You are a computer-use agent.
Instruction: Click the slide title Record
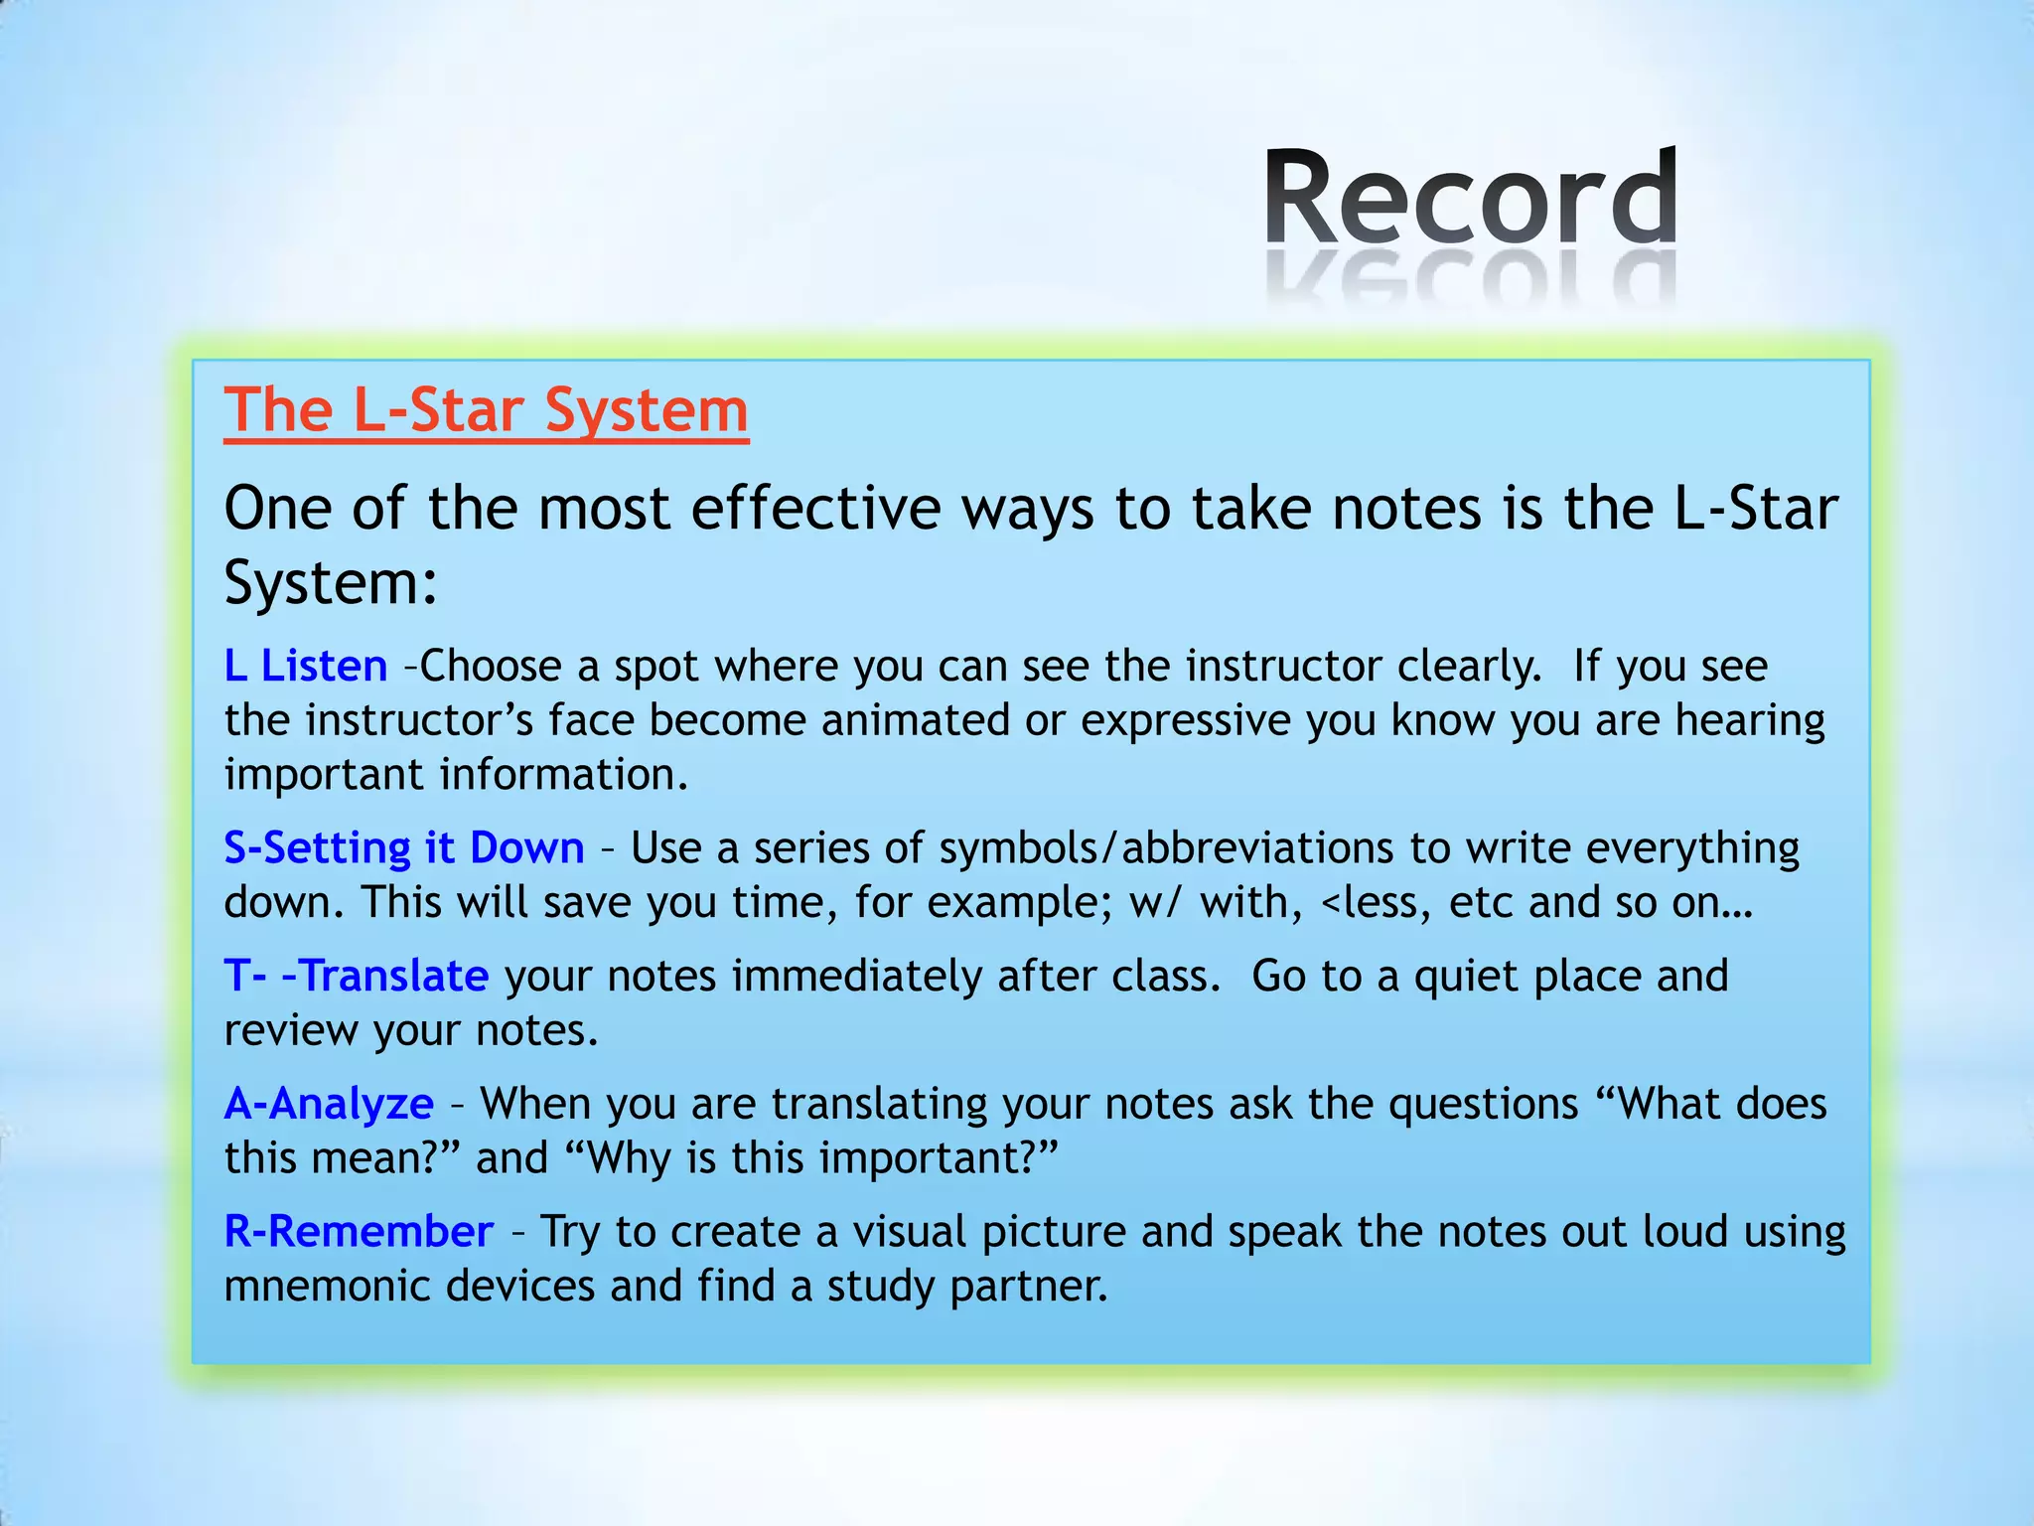click(1471, 199)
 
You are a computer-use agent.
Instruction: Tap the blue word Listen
click(324, 666)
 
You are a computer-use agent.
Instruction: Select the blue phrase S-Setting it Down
click(403, 847)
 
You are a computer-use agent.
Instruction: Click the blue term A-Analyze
click(329, 1104)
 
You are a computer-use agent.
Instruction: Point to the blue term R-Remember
click(359, 1232)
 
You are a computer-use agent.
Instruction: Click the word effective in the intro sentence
click(814, 509)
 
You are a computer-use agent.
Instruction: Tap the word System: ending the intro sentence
click(331, 582)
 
